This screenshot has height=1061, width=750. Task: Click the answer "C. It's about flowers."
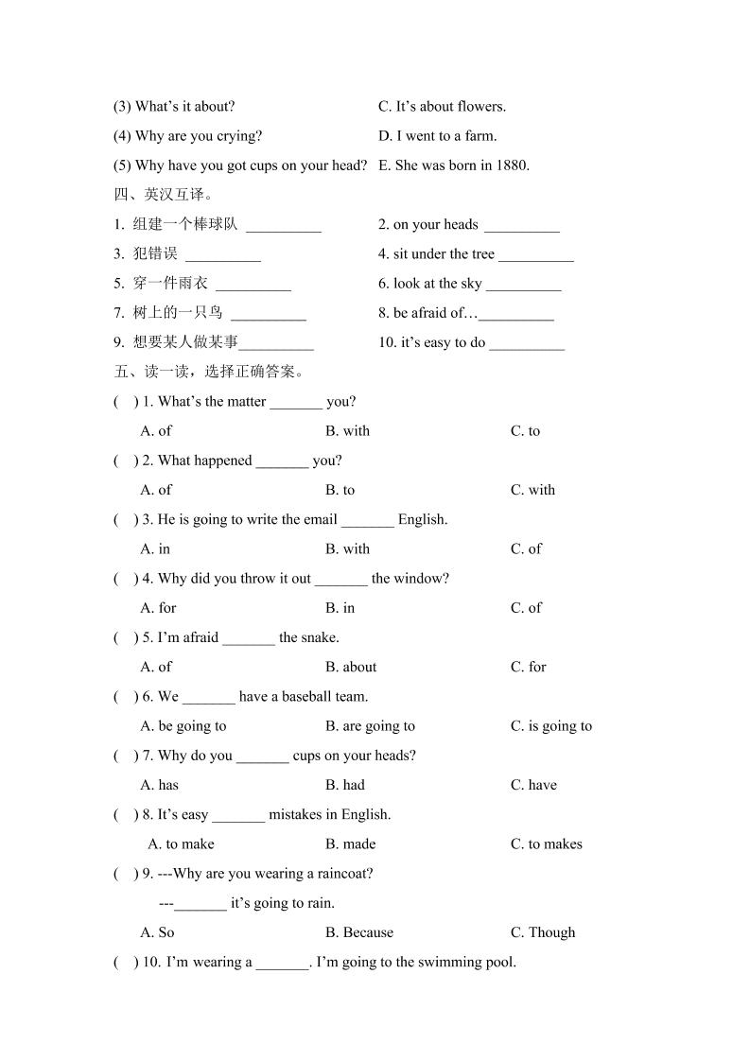pos(442,107)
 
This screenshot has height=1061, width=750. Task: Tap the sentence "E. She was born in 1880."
pos(454,165)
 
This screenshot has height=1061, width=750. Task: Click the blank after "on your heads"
pos(521,226)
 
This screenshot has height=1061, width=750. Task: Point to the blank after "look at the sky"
pos(523,285)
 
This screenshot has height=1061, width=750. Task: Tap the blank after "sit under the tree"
pos(535,255)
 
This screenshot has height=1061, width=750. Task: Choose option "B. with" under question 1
pos(347,431)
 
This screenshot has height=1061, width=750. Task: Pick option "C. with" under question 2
pos(532,490)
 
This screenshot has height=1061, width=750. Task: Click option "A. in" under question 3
pos(155,549)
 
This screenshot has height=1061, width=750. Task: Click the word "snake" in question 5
pos(320,637)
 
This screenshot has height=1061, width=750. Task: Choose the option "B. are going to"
pos(370,726)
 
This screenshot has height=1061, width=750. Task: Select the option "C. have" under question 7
pos(533,785)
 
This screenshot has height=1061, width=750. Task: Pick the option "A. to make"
pos(182,844)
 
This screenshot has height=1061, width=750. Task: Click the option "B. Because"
pos(358,932)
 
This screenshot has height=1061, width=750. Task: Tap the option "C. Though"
pos(542,932)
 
